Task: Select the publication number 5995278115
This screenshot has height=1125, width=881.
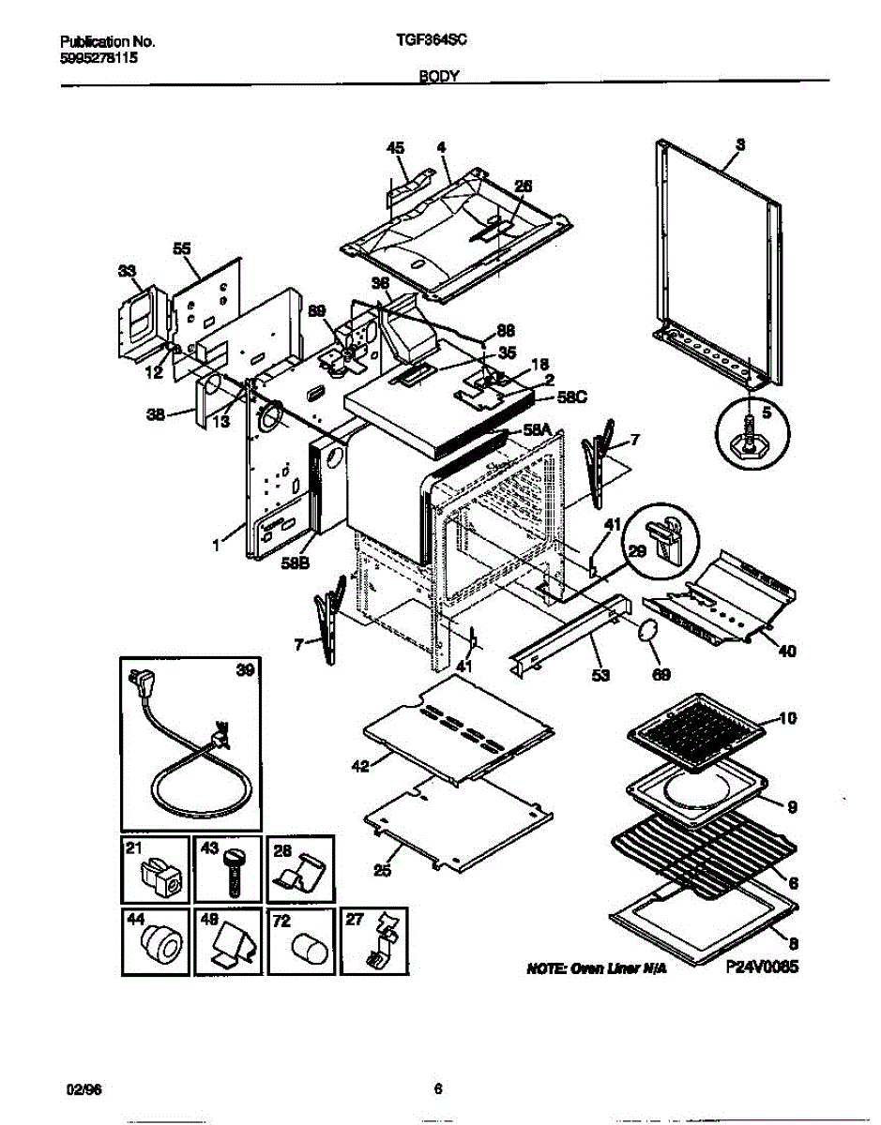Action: click(98, 57)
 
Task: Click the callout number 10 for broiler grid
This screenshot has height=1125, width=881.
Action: click(788, 719)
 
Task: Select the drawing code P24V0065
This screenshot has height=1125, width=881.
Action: click(761, 971)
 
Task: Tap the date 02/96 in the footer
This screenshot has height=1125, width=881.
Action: click(80, 1088)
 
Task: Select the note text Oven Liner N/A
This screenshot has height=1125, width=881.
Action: click(597, 972)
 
